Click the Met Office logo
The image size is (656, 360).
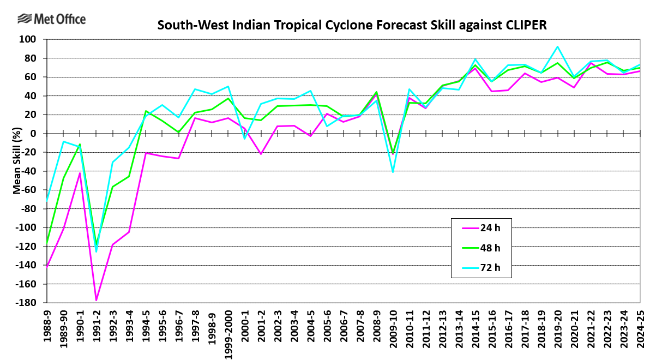point(51,20)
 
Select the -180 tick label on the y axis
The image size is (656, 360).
point(26,303)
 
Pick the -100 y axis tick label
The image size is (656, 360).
point(26,227)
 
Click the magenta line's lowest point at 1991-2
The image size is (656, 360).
point(97,300)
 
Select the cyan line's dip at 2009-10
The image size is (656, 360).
point(393,172)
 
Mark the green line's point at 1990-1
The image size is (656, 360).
point(80,145)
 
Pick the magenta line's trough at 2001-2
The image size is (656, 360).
point(261,154)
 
